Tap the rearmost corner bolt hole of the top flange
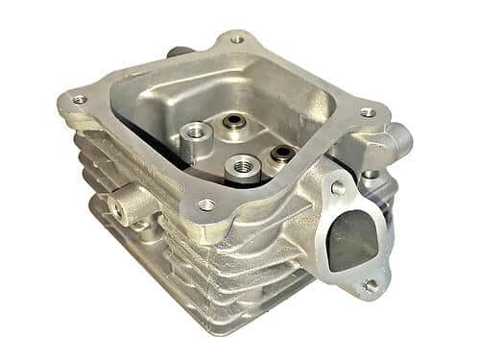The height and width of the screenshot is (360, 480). point(235,40)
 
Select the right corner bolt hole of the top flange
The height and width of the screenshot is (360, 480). point(368,112)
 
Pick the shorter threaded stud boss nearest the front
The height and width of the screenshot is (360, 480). point(243,165)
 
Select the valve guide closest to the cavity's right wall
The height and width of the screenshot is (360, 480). point(280,153)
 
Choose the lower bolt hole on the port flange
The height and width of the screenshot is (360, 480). point(370,284)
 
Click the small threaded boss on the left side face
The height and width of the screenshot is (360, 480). point(122,202)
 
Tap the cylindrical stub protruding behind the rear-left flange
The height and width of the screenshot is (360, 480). point(179,53)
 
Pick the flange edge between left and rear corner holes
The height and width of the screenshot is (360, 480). point(154,67)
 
